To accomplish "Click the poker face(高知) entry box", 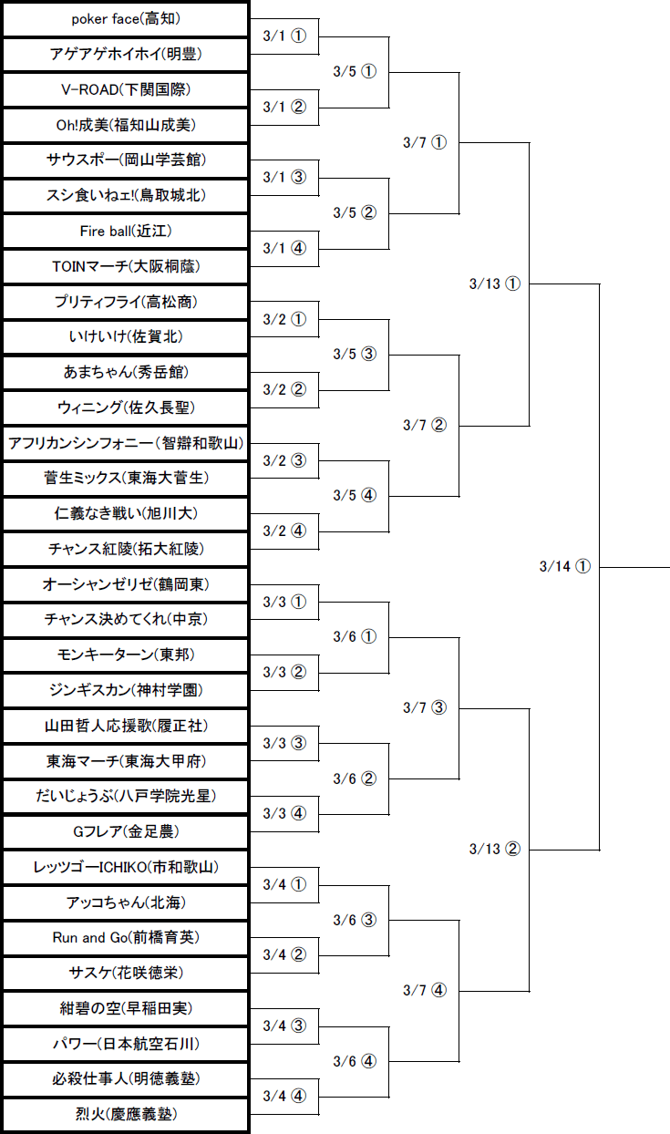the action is tap(126, 19).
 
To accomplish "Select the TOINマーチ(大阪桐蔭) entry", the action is tap(126, 267).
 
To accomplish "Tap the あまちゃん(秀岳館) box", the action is tap(126, 372).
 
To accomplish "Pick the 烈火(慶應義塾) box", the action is tap(126, 1114).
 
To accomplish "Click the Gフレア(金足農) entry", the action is tap(126, 831).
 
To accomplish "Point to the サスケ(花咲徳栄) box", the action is tap(126, 973).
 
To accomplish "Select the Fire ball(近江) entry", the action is tap(126, 232).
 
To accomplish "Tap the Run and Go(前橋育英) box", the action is tap(126, 937).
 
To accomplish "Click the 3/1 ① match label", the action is tap(284, 36).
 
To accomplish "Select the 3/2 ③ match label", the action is tap(284, 460).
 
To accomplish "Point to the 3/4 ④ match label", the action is tap(284, 1096).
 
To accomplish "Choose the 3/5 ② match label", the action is tap(355, 213).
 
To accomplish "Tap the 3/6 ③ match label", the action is tap(355, 920).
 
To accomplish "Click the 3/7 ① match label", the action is tap(425, 142).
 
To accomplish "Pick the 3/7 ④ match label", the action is tap(425, 990).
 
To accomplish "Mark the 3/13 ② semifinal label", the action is tap(495, 849).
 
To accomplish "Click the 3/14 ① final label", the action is tap(565, 566).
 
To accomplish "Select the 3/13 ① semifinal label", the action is tap(495, 283).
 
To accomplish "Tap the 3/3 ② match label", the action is tap(284, 672).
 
